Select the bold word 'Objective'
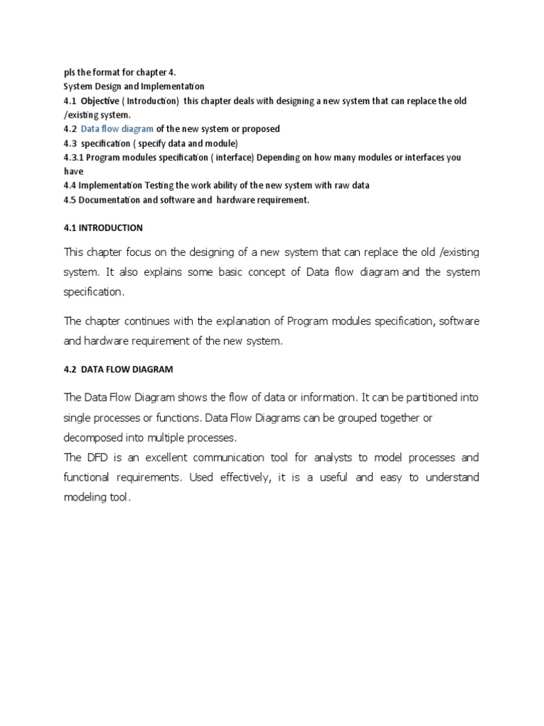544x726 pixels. tap(101, 101)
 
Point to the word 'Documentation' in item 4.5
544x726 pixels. tap(108, 200)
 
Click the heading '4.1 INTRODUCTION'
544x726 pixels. tap(103, 228)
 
